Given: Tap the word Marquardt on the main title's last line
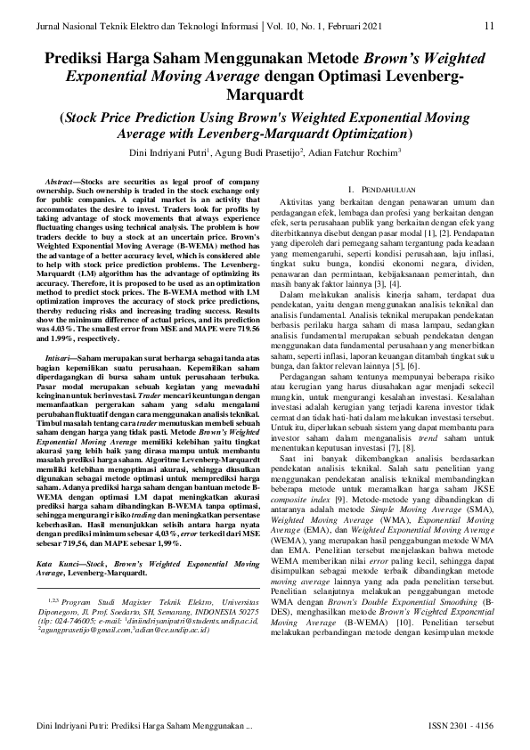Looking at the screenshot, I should tap(265, 94).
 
